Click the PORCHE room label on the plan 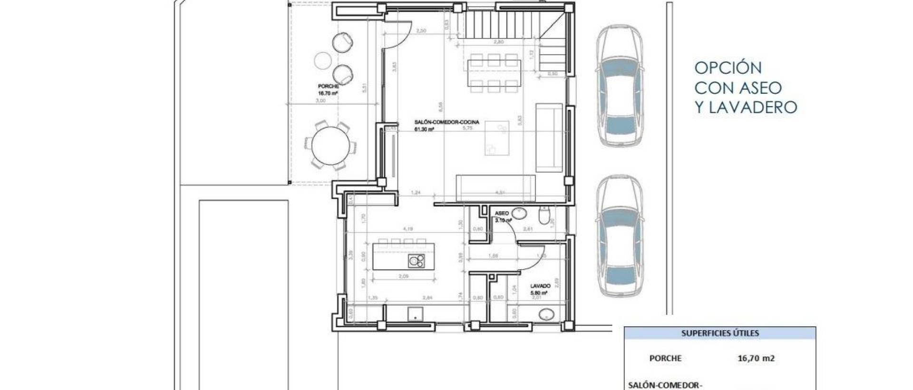coord(328,87)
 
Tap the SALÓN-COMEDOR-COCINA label coord(447,122)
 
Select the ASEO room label coord(502,214)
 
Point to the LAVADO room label coord(540,286)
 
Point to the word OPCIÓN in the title coord(728,68)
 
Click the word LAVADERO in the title coord(753,107)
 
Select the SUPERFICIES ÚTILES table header coord(720,333)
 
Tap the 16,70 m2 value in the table coord(756,359)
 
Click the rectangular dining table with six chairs coord(494,73)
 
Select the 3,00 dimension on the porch coord(321,101)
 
